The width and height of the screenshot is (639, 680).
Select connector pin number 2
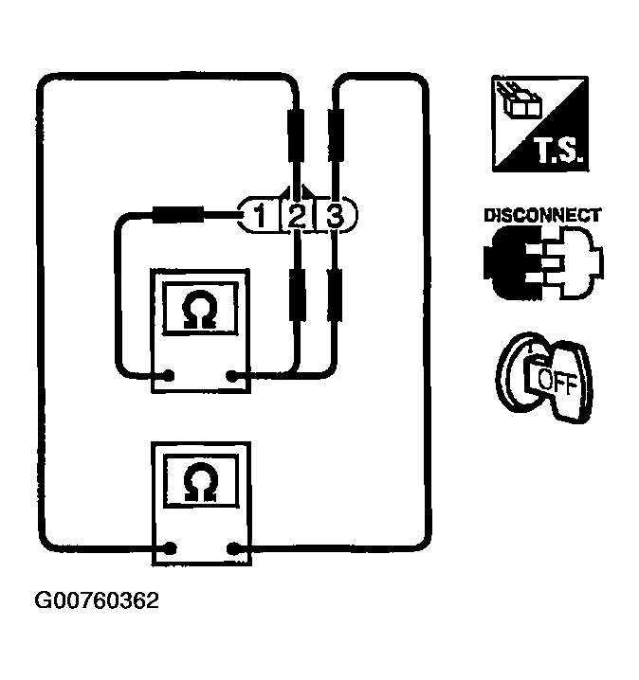click(296, 217)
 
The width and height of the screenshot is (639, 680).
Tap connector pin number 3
click(335, 217)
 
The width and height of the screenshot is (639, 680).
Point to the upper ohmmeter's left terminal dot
click(170, 376)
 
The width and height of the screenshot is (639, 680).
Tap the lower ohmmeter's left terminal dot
click(170, 546)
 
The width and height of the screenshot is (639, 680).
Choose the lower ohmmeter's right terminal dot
click(233, 546)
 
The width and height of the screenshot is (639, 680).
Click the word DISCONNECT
click(541, 215)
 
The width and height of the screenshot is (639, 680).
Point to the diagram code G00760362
click(97, 600)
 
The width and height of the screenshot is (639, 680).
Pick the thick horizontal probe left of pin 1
click(178, 216)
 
